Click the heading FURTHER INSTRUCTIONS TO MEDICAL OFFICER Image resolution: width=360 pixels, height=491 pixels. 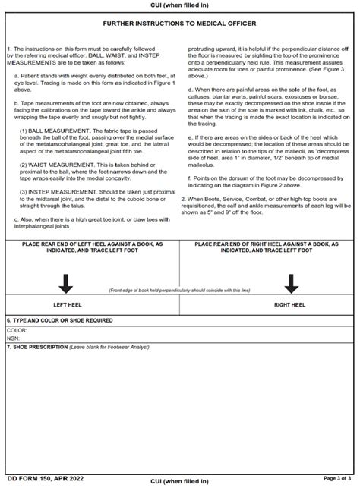[180, 24]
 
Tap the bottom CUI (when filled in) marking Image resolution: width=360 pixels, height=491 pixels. [180, 481]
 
